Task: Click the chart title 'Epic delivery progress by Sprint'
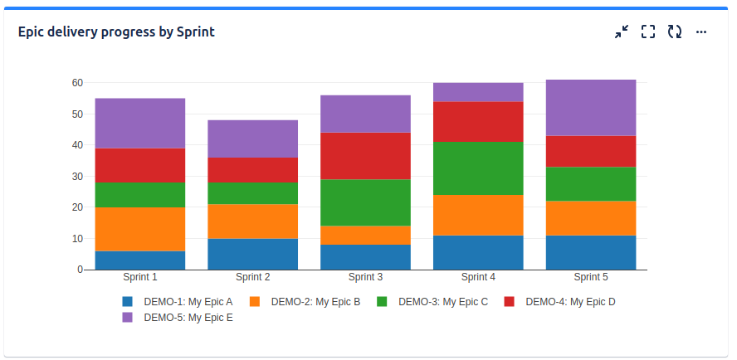pyautogui.click(x=116, y=32)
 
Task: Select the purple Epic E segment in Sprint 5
pyautogui.click(x=591, y=108)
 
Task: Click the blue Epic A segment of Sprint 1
pyautogui.click(x=140, y=260)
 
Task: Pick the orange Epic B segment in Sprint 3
pyautogui.click(x=365, y=236)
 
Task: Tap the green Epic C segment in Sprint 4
pyautogui.click(x=478, y=168)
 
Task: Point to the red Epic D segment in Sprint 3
pyautogui.click(x=365, y=156)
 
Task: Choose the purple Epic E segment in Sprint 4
pyautogui.click(x=478, y=92)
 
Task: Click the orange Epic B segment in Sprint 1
pyautogui.click(x=140, y=229)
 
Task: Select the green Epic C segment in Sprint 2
pyautogui.click(x=253, y=193)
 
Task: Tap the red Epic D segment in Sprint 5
pyautogui.click(x=591, y=152)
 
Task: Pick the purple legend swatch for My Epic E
pyautogui.click(x=128, y=318)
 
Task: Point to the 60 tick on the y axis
pyautogui.click(x=77, y=83)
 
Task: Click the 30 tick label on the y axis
pyautogui.click(x=77, y=176)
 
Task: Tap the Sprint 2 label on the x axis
pyautogui.click(x=253, y=277)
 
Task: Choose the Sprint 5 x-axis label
pyautogui.click(x=591, y=277)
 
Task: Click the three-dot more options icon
pyautogui.click(x=701, y=32)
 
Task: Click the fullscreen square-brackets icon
pyautogui.click(x=648, y=32)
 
